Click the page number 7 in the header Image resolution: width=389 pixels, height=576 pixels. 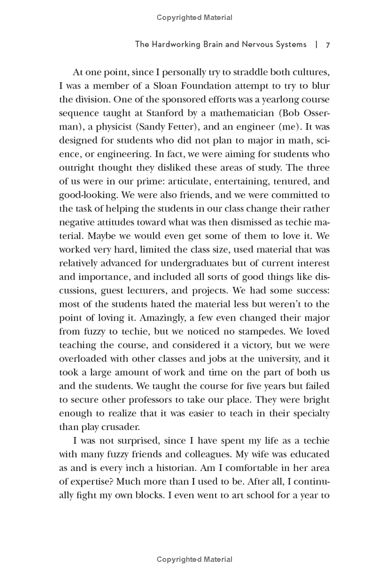tap(328, 45)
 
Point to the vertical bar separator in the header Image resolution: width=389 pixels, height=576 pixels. tap(317, 45)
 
